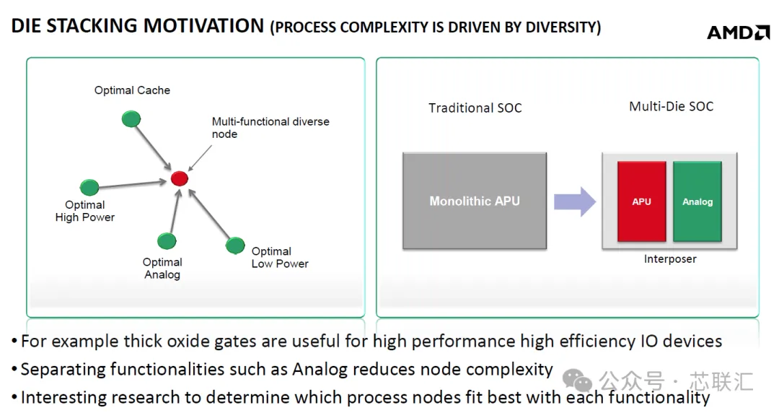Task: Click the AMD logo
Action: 738,32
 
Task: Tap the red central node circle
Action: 180,178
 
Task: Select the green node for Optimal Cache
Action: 131,119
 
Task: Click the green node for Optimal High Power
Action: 89,187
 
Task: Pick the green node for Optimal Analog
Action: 167,241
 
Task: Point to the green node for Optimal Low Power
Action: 235,245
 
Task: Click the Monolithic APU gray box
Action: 475,201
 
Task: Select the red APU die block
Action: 641,201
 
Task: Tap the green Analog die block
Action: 697,201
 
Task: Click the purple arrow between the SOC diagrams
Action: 575,201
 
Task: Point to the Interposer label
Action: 670,258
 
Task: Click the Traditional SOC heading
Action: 475,108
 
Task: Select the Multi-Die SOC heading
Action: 672,106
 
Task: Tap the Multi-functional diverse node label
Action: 270,127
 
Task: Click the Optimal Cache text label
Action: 132,90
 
